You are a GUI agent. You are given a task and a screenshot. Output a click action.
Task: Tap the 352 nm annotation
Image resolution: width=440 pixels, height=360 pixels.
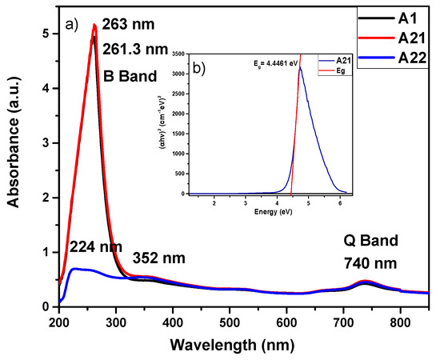click(x=159, y=258)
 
